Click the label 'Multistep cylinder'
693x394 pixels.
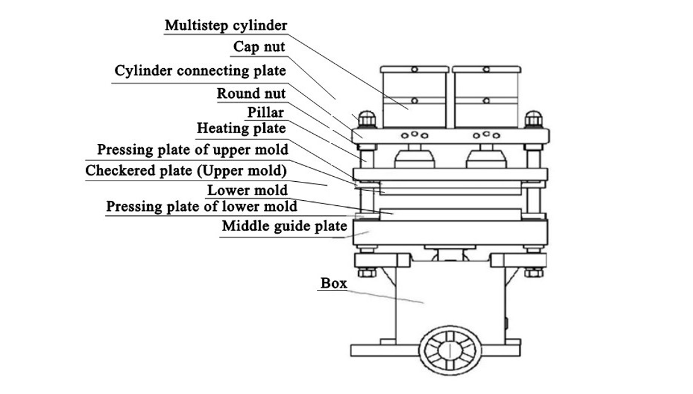[x=226, y=26]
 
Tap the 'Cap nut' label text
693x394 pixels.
[x=259, y=47]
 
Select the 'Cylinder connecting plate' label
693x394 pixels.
[x=200, y=71]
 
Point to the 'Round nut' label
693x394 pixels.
[x=251, y=93]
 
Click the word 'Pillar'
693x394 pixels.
[x=265, y=112]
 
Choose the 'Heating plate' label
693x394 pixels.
[x=241, y=128]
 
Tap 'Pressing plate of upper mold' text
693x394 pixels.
[x=192, y=150]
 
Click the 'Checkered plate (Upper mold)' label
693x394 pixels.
[x=186, y=170]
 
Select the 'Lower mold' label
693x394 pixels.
[x=247, y=190]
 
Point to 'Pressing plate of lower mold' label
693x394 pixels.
[x=201, y=206]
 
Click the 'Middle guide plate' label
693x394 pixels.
[x=284, y=226]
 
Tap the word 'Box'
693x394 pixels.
[x=334, y=283]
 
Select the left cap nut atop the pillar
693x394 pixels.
[x=367, y=119]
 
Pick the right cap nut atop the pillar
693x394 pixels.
[x=533, y=119]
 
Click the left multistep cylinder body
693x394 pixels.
[x=414, y=100]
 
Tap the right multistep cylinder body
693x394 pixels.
[x=486, y=100]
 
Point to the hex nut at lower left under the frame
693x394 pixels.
[x=367, y=272]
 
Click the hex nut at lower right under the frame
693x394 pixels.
[x=533, y=272]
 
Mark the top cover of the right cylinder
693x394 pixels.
[x=487, y=69]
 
